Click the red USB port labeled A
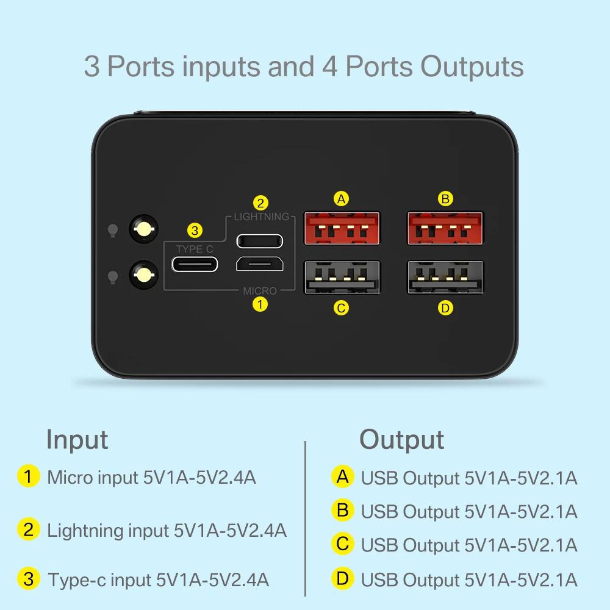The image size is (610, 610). click(x=342, y=229)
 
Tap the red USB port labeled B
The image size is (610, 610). click(x=445, y=229)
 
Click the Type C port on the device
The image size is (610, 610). click(x=195, y=264)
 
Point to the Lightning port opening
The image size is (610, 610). click(x=259, y=240)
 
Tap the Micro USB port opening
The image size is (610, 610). click(x=259, y=264)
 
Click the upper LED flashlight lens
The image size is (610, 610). click(x=144, y=229)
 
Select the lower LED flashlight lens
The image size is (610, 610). click(x=144, y=274)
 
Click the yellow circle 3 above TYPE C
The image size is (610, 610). click(x=195, y=231)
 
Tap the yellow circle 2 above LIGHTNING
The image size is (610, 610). click(x=260, y=203)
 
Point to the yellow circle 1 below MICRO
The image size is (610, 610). click(x=260, y=304)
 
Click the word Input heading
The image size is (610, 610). click(x=77, y=439)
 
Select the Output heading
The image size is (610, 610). click(x=401, y=439)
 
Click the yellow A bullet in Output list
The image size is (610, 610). click(x=343, y=476)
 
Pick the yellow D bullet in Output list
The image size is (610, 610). click(x=343, y=578)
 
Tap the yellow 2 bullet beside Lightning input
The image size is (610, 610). click(x=29, y=529)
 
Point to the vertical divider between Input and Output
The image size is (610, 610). click(x=305, y=518)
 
